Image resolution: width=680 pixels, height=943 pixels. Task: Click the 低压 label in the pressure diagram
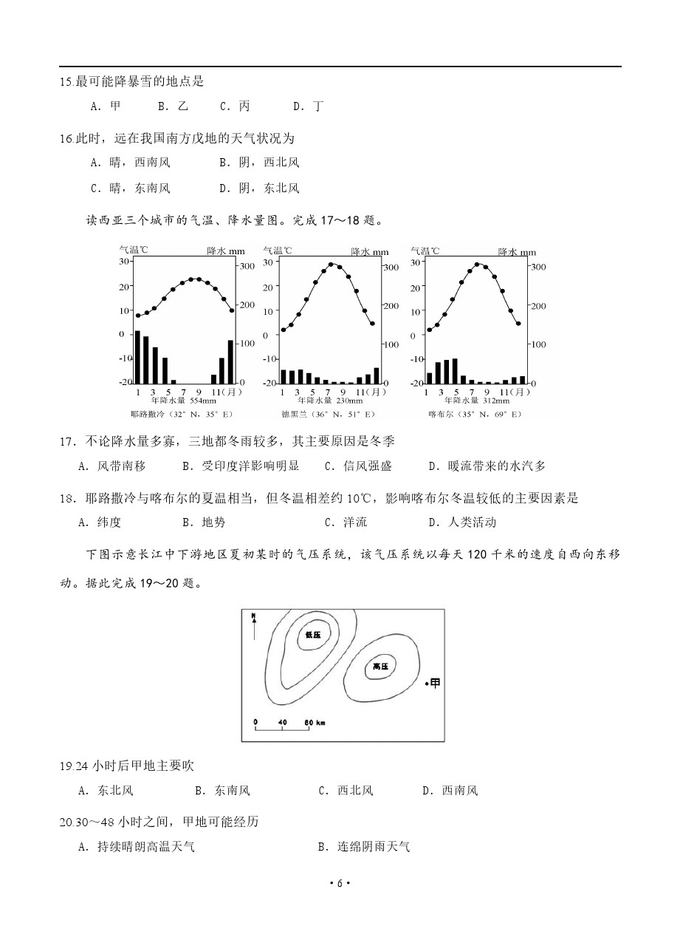[312, 635]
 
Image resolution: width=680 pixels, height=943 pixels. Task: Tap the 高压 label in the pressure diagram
[380, 667]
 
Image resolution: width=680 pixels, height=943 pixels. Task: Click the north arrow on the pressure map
[254, 625]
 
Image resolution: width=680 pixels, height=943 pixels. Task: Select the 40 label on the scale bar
[282, 721]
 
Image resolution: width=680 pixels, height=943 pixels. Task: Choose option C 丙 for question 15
[236, 106]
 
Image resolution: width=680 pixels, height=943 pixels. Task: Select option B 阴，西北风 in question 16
[259, 162]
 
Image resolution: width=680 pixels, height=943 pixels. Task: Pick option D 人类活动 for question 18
[462, 522]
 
